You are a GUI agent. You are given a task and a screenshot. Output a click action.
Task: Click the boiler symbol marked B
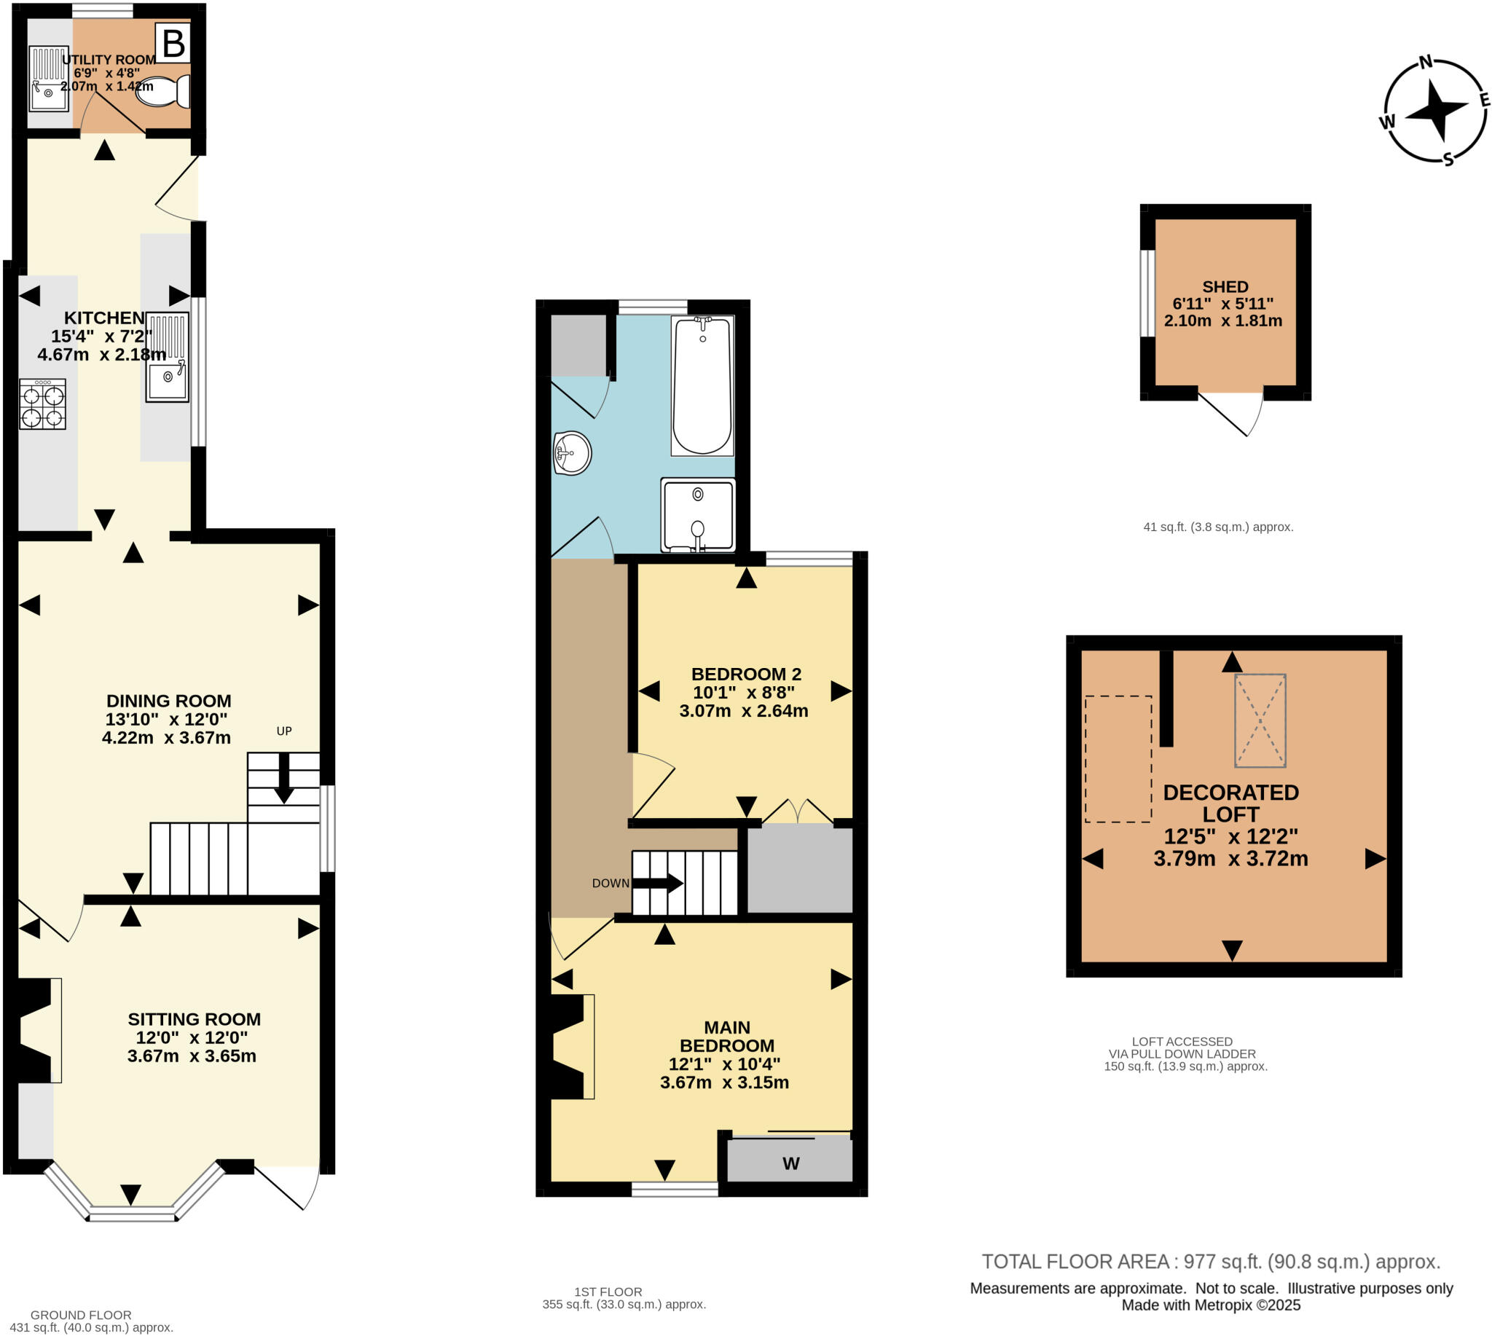[x=173, y=44]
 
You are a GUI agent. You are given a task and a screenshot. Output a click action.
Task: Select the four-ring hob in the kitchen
[x=42, y=404]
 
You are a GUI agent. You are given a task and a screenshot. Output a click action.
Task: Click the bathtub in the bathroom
[x=702, y=385]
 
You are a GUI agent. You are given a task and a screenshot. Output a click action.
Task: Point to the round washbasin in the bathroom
[x=572, y=453]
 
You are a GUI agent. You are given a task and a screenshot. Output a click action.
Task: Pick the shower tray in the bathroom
[x=697, y=514]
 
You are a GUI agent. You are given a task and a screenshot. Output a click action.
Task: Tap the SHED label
[x=1225, y=287]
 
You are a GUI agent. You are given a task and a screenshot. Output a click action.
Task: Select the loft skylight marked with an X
[x=1260, y=721]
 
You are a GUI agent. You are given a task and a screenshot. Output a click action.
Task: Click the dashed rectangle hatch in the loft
[x=1118, y=759]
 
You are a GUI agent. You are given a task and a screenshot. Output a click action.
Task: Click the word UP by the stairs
[x=283, y=731]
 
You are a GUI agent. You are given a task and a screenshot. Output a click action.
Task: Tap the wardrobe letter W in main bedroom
[x=790, y=1163]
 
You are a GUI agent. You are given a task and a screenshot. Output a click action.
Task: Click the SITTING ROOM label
[x=194, y=1019]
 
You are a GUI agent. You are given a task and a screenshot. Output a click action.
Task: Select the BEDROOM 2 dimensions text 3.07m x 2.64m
[x=743, y=710]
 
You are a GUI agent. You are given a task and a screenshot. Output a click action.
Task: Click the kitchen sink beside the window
[x=168, y=358]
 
